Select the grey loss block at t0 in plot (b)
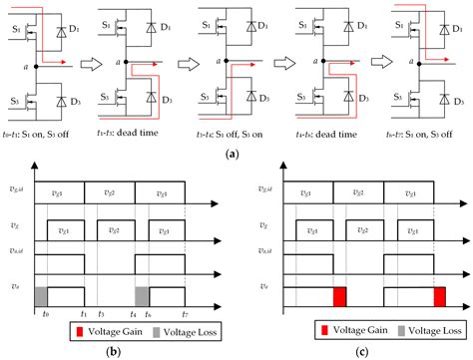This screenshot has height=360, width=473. point(41,295)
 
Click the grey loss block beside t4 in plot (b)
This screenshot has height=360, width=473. point(143,295)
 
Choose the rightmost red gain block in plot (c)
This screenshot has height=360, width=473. point(440,295)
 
